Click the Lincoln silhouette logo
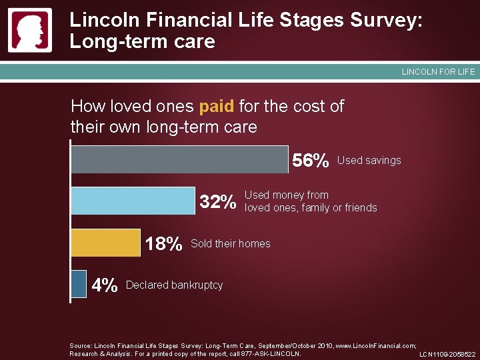click(30, 31)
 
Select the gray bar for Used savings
click(180, 159)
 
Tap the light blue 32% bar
click(133, 201)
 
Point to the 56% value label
click(311, 161)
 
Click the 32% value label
click(218, 202)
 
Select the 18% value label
click(163, 244)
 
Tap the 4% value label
click(105, 286)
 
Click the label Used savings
click(369, 161)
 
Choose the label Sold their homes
click(231, 244)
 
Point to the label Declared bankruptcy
click(174, 285)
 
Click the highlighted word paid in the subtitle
click(215, 107)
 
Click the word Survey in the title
click(383, 20)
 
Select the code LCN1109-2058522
click(447, 355)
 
